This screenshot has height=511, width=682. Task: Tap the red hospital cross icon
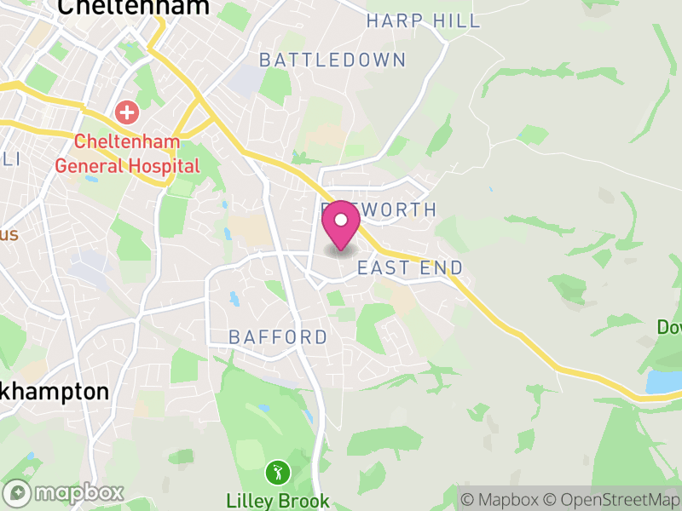127,112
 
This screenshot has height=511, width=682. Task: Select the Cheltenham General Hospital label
127,152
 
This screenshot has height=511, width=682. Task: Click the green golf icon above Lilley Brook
276,471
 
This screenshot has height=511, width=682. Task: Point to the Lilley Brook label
277,499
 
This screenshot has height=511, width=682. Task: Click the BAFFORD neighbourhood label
278,337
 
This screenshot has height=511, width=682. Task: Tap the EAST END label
410,268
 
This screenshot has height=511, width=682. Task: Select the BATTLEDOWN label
332,60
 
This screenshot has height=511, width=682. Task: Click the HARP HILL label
424,20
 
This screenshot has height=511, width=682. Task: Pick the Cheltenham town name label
133,8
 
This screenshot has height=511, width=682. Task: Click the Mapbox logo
64,492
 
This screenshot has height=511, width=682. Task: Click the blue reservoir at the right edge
663,381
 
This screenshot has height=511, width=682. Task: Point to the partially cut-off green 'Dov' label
669,327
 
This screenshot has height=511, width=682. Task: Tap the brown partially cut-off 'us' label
8,234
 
